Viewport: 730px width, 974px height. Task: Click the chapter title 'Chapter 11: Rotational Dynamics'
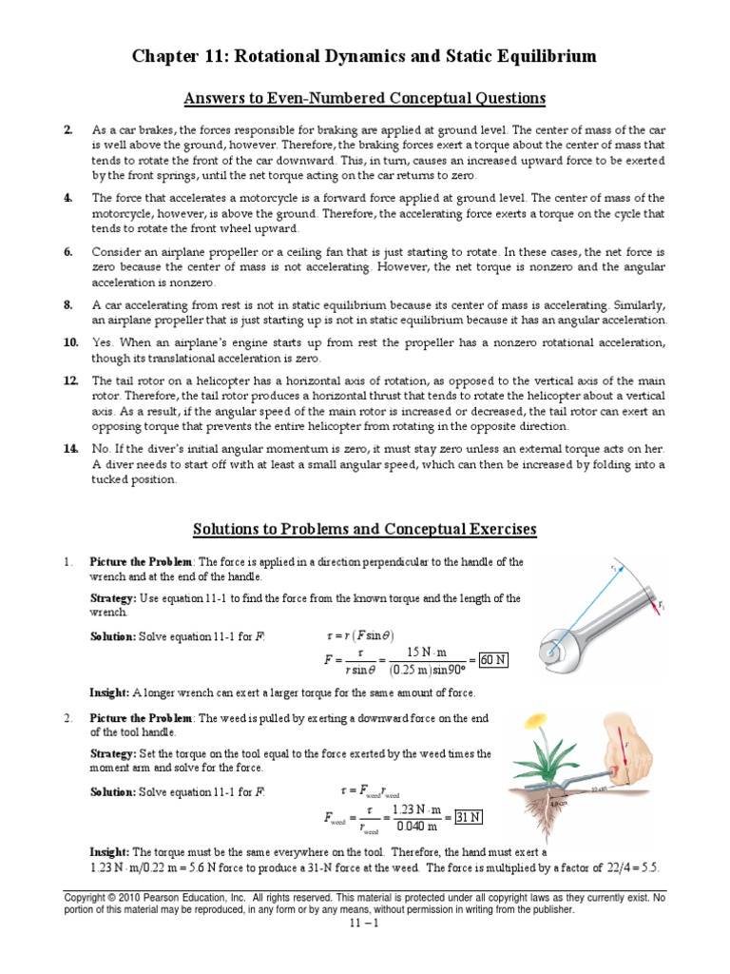tap(364, 57)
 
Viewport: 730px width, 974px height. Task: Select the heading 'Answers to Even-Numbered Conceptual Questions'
tap(365, 98)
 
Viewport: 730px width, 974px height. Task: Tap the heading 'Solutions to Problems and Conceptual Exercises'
tap(365, 529)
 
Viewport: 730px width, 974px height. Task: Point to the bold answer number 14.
tap(70, 449)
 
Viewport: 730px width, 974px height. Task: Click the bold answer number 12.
tap(70, 380)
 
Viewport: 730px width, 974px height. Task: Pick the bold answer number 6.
tap(68, 252)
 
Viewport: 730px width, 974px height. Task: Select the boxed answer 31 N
tap(470, 817)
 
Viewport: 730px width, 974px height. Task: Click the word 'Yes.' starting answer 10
tap(103, 342)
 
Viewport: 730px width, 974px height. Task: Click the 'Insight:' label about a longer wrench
tap(109, 692)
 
